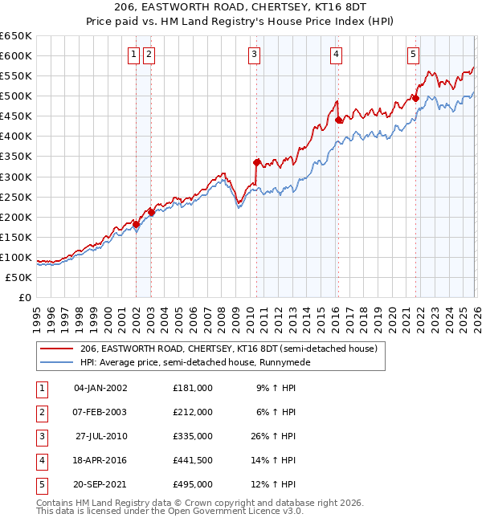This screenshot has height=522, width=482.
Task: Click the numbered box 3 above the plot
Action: pos(254,55)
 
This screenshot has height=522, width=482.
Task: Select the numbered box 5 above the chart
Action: pos(413,55)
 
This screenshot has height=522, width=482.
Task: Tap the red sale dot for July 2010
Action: pos(256,162)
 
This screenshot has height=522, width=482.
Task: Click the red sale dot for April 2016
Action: pos(338,120)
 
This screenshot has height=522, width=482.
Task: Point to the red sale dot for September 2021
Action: pos(415,98)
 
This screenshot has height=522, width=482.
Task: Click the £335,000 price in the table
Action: pos(193,436)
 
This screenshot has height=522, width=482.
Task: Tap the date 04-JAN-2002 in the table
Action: pos(100,387)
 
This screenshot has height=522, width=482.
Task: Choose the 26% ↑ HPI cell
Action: pos(276,436)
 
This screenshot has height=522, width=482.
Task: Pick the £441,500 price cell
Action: pos(193,460)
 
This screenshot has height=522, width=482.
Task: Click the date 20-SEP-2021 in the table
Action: pos(100,485)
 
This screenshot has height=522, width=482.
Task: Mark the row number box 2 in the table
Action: pos(39,412)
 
